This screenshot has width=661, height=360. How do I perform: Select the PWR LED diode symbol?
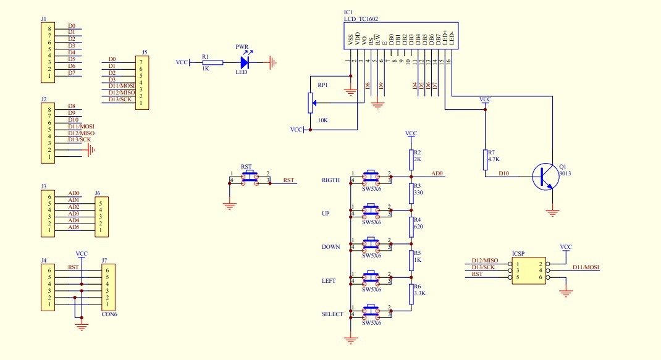tap(245, 62)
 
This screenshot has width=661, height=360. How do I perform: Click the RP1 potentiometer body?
tap(310, 103)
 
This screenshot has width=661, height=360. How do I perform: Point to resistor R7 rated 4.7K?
tap(484, 160)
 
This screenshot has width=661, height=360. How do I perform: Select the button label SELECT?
tap(332, 314)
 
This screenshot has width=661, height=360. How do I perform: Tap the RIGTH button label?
tap(330, 180)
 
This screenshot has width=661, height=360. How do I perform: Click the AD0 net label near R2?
tap(437, 174)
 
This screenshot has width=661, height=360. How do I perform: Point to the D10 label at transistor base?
tap(503, 174)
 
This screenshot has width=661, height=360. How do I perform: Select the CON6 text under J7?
tap(109, 314)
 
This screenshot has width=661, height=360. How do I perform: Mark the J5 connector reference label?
tap(145, 52)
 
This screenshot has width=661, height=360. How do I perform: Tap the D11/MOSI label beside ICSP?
tap(586, 267)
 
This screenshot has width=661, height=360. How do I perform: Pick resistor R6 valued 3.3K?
tap(410, 294)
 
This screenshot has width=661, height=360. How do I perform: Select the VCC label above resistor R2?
tap(411, 133)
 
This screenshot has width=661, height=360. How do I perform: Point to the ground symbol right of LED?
tap(272, 62)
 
